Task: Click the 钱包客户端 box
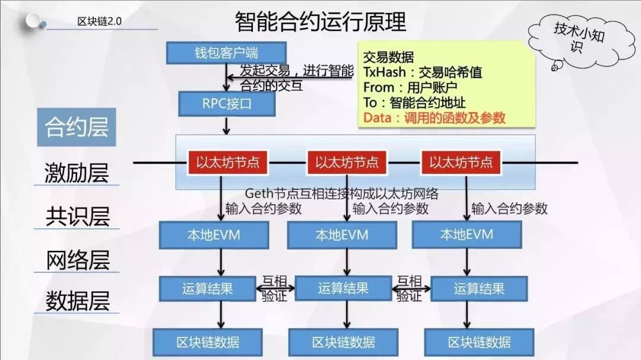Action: point(226,53)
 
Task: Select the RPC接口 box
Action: point(227,104)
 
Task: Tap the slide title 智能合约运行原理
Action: point(320,22)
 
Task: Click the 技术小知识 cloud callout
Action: point(580,40)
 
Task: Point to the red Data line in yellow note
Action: point(434,118)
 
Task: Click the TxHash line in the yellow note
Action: point(423,72)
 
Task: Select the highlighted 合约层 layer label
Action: point(77,127)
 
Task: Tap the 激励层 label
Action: point(77,173)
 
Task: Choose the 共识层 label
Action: point(77,216)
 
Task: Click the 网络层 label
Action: point(77,260)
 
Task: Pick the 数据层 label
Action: point(77,301)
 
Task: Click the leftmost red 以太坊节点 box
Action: point(228,163)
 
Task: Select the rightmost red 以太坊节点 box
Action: point(461,163)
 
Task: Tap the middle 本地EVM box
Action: point(342,235)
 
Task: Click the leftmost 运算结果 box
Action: point(208,289)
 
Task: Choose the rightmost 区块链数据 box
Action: point(479,342)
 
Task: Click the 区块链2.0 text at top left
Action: point(99,21)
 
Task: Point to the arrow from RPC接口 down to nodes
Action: point(226,126)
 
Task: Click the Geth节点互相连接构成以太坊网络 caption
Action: point(341,193)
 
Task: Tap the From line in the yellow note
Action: point(410,87)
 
